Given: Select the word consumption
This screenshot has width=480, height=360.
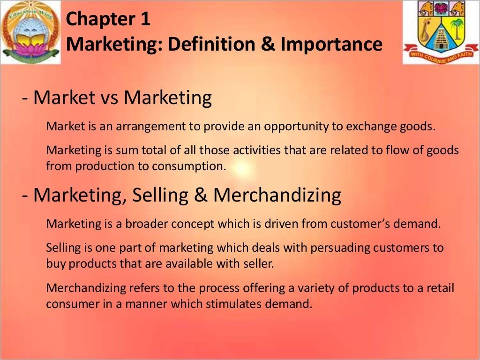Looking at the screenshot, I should pyautogui.click(x=192, y=166).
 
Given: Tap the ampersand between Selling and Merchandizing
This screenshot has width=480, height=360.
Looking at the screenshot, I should pyautogui.click(x=201, y=195).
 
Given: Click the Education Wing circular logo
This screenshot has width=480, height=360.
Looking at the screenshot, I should pyautogui.click(x=30, y=32).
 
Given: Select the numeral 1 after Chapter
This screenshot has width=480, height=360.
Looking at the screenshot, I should pyautogui.click(x=146, y=20).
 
